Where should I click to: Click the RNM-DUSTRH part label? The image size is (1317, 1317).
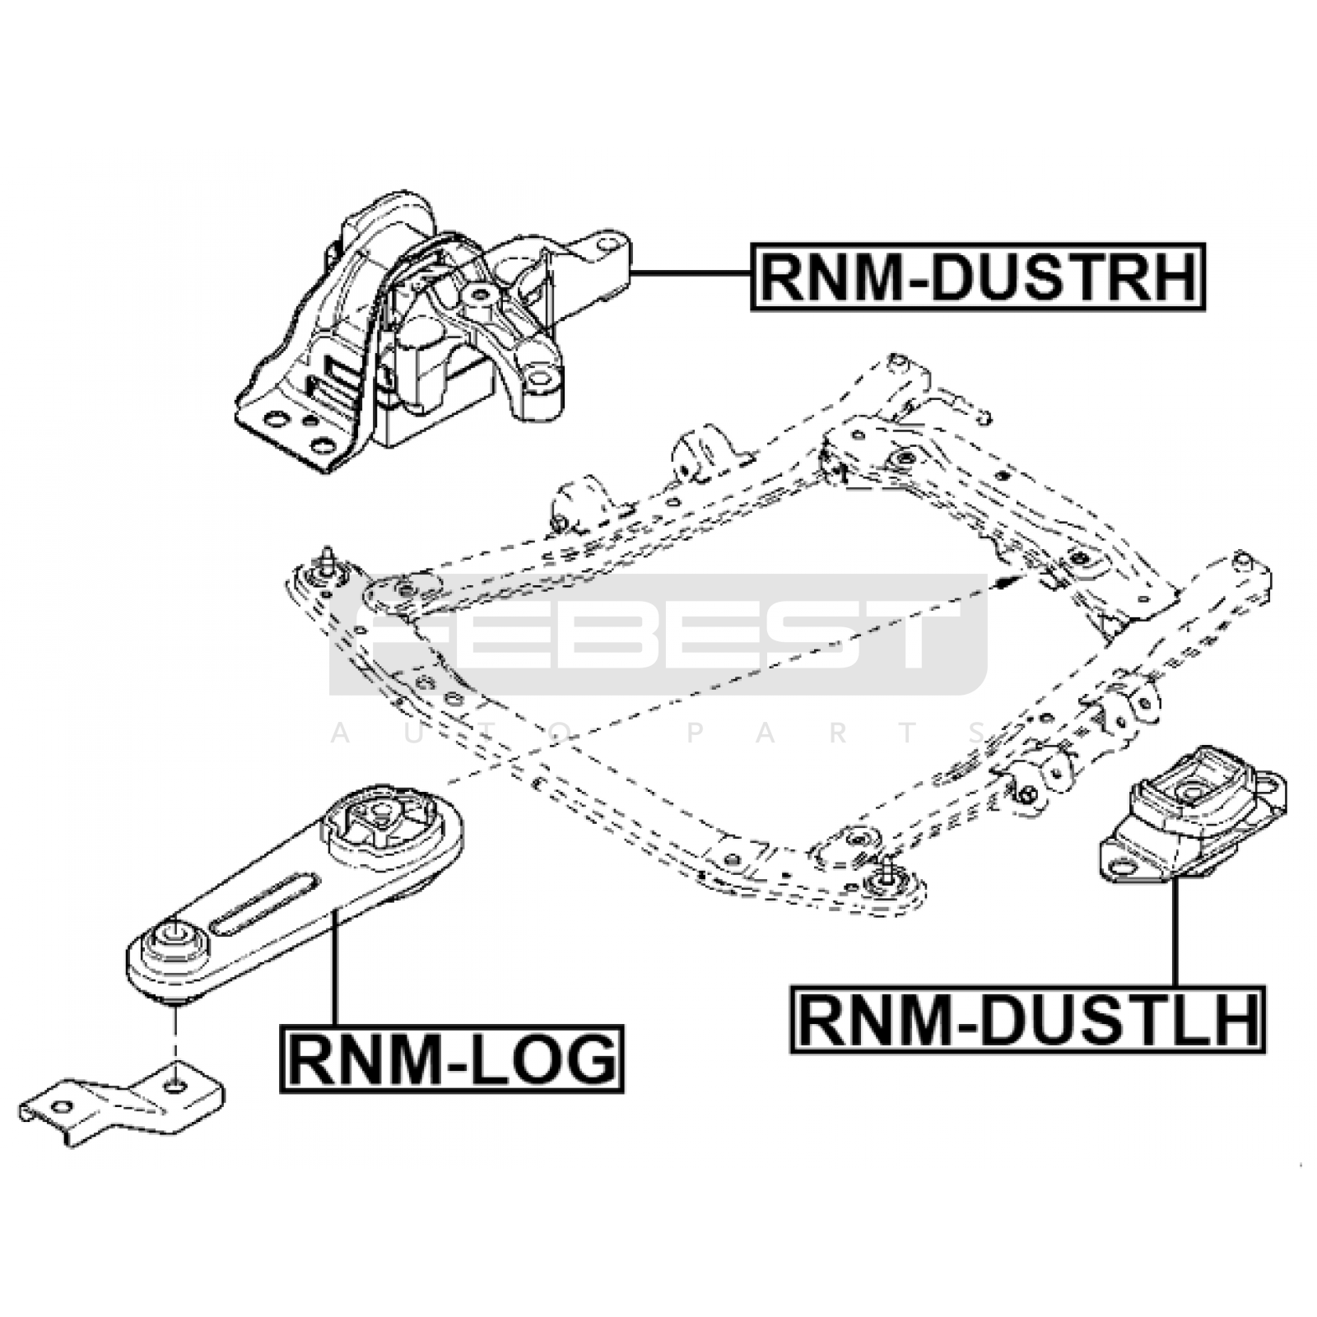pyautogui.click(x=978, y=277)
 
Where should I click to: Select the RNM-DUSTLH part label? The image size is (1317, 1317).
pyautogui.click(x=1028, y=1020)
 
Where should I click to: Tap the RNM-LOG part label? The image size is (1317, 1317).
pyautogui.click(x=452, y=1059)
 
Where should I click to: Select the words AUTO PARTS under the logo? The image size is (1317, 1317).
pyautogui.click(x=658, y=733)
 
